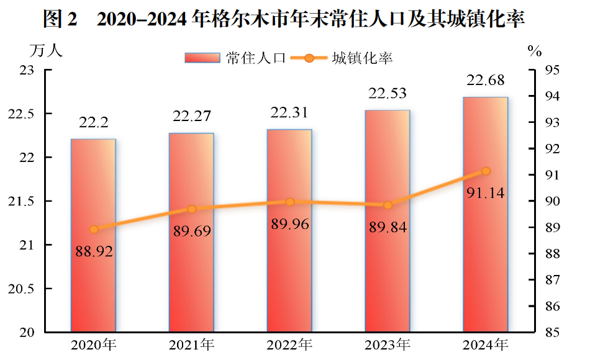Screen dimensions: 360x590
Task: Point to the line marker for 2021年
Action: (192, 209)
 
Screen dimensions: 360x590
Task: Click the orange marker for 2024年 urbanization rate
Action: (486, 171)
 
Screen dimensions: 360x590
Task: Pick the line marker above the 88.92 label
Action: (94, 229)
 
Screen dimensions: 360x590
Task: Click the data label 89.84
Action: (388, 228)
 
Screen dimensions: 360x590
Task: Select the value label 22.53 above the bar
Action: (388, 94)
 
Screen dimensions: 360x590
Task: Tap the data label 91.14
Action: (486, 193)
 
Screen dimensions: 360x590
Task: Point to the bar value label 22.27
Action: (191, 116)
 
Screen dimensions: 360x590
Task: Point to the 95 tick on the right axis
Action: (552, 70)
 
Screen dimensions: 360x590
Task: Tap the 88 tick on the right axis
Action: (552, 254)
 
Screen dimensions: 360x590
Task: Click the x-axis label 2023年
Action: (388, 343)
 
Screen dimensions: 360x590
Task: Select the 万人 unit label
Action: (46, 50)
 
